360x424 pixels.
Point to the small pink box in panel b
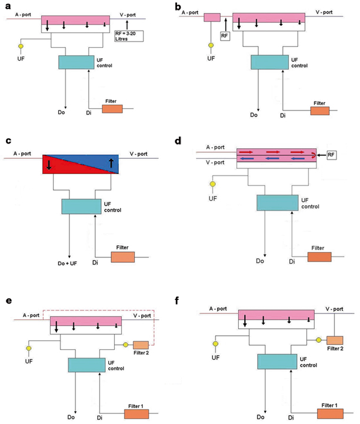tap(212, 18)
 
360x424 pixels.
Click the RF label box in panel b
tap(225, 36)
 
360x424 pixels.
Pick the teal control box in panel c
tap(81, 206)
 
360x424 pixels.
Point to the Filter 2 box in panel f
tap(335, 340)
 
